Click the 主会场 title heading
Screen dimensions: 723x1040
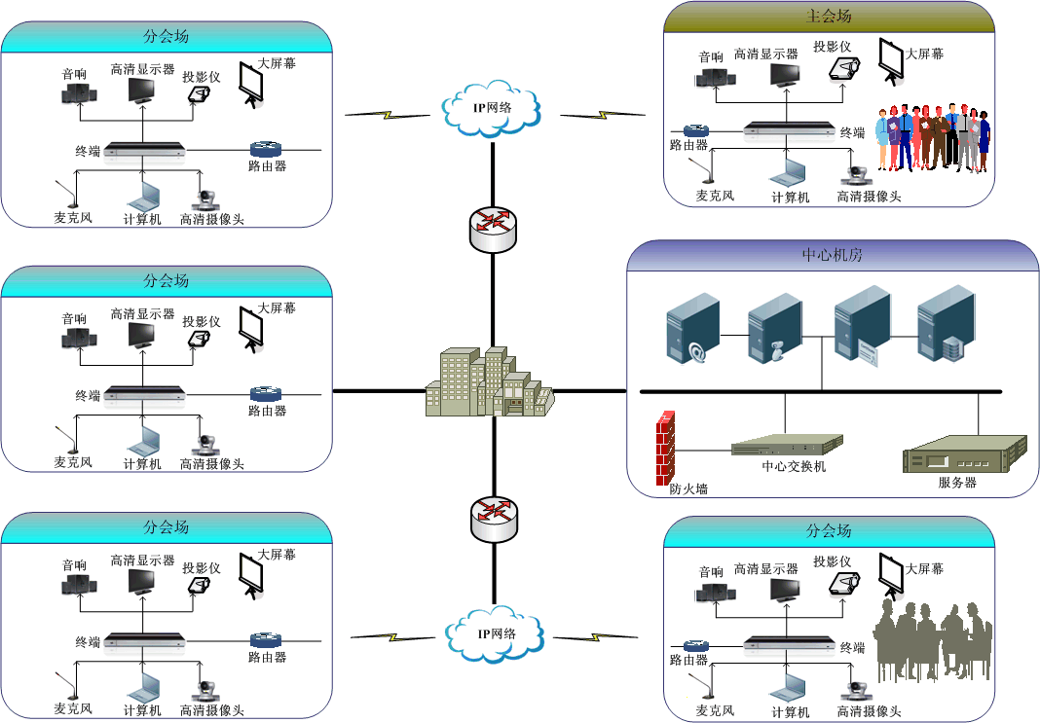[829, 17]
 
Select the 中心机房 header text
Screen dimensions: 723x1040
[832, 256]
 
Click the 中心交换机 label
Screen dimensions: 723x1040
[794, 466]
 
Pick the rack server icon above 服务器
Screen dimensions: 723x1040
[966, 453]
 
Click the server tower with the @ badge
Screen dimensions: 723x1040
[693, 330]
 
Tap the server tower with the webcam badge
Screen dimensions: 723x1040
[775, 330]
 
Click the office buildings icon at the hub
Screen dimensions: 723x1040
[488, 385]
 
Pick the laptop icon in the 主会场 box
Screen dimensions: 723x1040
[788, 172]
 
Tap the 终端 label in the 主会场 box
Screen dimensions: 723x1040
[852, 133]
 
